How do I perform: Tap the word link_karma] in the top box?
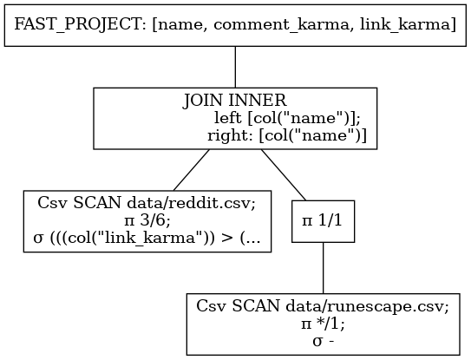pos(408,23)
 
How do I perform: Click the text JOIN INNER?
pos(234,100)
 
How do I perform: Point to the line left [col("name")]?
pos(287,118)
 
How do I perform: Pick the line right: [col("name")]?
pos(287,136)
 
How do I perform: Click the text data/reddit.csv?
pos(192,204)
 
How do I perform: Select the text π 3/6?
pos(147,221)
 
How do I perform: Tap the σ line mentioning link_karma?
pos(147,239)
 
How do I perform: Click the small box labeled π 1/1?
pos(323,221)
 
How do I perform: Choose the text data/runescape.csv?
pos(367,306)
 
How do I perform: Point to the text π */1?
pos(323,324)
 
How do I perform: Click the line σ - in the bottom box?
pos(324,342)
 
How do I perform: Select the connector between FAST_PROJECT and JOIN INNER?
pos(235,67)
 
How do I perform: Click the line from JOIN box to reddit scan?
pos(192,170)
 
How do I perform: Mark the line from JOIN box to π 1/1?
pos(284,175)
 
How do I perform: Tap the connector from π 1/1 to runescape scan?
pos(324,268)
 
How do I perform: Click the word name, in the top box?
pos(180,25)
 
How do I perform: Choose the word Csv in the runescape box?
pos(212,306)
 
